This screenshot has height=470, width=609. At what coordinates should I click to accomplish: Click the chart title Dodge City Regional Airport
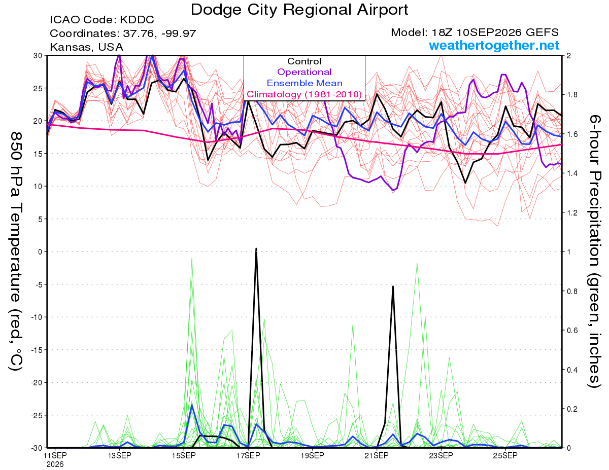tap(299, 10)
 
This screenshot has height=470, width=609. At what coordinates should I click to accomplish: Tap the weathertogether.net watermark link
tap(494, 45)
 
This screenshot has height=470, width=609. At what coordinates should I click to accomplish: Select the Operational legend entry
tap(304, 72)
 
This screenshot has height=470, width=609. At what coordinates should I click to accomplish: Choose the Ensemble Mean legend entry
tap(304, 83)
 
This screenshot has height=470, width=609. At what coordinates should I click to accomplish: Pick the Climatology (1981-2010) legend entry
tap(304, 94)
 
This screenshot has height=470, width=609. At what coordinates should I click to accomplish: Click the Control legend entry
tap(304, 61)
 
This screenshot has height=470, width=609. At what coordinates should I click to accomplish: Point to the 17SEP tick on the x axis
tap(248, 455)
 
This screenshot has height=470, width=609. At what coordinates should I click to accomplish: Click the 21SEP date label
tap(377, 455)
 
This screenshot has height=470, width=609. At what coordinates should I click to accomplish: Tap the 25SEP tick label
tap(505, 455)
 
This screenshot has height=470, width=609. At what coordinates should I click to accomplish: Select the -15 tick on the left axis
tap(37, 350)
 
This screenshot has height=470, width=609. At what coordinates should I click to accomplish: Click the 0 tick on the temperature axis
tap(40, 251)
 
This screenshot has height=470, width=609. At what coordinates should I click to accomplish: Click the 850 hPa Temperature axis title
tap(16, 251)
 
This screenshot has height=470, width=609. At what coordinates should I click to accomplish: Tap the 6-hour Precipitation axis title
tap(595, 251)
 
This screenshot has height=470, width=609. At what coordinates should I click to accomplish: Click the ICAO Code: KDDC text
tap(102, 20)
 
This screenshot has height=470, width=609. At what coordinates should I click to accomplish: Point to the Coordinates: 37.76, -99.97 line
tap(123, 33)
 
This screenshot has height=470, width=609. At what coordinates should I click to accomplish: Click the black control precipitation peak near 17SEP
tap(256, 248)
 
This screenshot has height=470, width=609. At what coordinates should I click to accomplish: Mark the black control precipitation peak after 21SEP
tap(393, 286)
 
